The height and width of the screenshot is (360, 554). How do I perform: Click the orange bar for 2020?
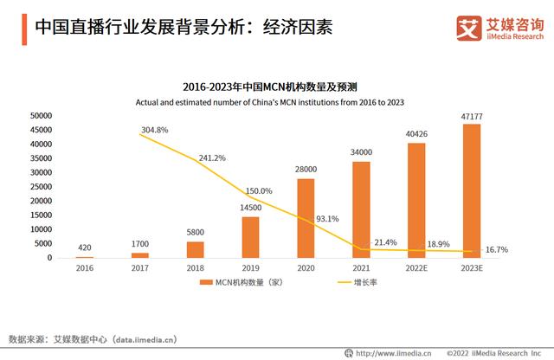click(x=306, y=218)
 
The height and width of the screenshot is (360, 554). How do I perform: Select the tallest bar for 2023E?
click(x=472, y=191)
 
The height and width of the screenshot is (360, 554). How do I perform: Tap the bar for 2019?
click(x=250, y=237)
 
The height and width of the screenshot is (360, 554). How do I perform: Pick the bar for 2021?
click(x=361, y=209)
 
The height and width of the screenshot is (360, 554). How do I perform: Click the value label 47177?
click(x=472, y=116)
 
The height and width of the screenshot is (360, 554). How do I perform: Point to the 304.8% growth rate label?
click(x=154, y=130)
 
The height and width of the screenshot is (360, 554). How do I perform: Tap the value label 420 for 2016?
click(x=84, y=247)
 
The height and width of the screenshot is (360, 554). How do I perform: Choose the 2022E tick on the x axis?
click(x=416, y=268)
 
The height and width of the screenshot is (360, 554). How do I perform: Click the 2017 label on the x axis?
click(x=139, y=268)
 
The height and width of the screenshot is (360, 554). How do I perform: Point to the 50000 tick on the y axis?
click(x=40, y=115)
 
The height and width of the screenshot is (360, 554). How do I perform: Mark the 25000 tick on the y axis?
click(x=40, y=186)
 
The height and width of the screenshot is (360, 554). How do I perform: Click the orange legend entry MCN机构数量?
click(x=235, y=283)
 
